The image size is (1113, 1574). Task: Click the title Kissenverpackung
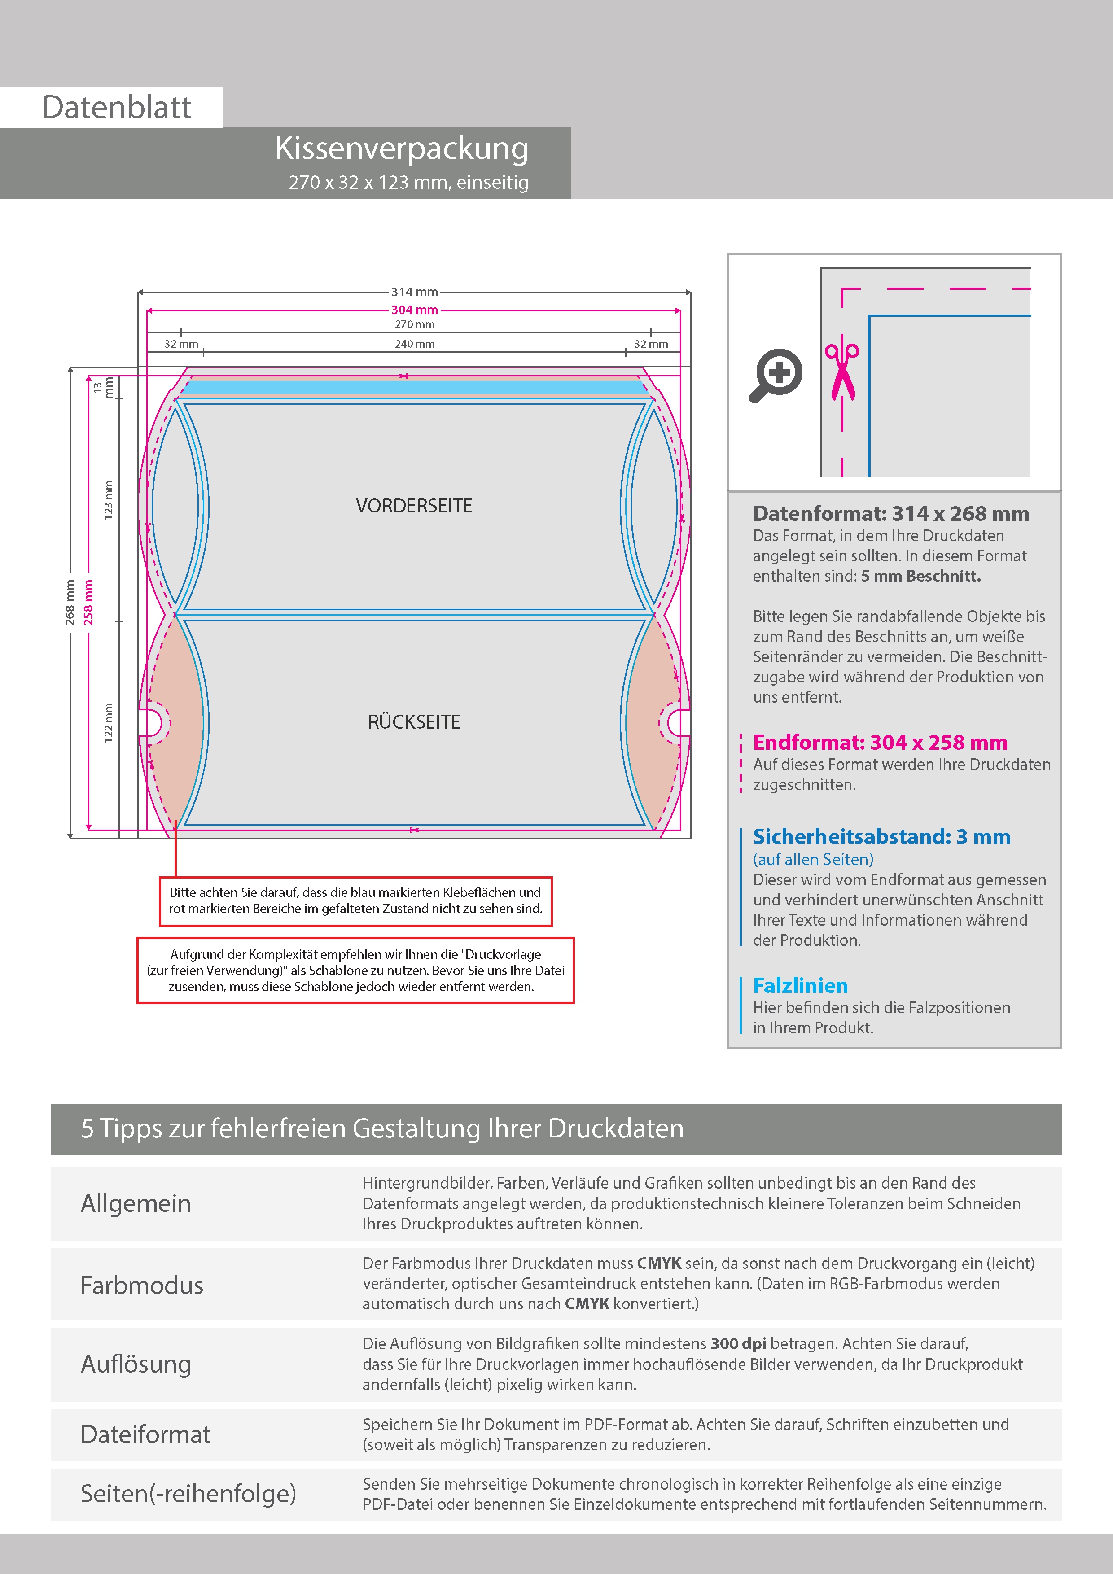click(x=402, y=148)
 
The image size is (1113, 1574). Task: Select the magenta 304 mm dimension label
click(x=414, y=310)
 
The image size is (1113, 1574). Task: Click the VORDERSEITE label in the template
click(x=413, y=506)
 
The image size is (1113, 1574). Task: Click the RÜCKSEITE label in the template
click(x=413, y=722)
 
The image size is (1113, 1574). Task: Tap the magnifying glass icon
click(x=776, y=375)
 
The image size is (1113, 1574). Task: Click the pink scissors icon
click(x=841, y=370)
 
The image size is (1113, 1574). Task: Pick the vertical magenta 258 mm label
click(x=88, y=602)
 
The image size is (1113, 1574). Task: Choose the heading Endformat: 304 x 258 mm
click(x=880, y=743)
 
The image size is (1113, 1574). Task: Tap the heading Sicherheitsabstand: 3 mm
click(x=881, y=836)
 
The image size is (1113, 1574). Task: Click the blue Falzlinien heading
click(x=800, y=986)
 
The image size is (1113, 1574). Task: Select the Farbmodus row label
click(x=142, y=1285)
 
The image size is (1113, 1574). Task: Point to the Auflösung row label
click(x=136, y=1364)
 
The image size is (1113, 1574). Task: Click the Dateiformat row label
click(x=145, y=1434)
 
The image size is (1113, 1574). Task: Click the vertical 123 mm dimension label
click(x=108, y=500)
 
